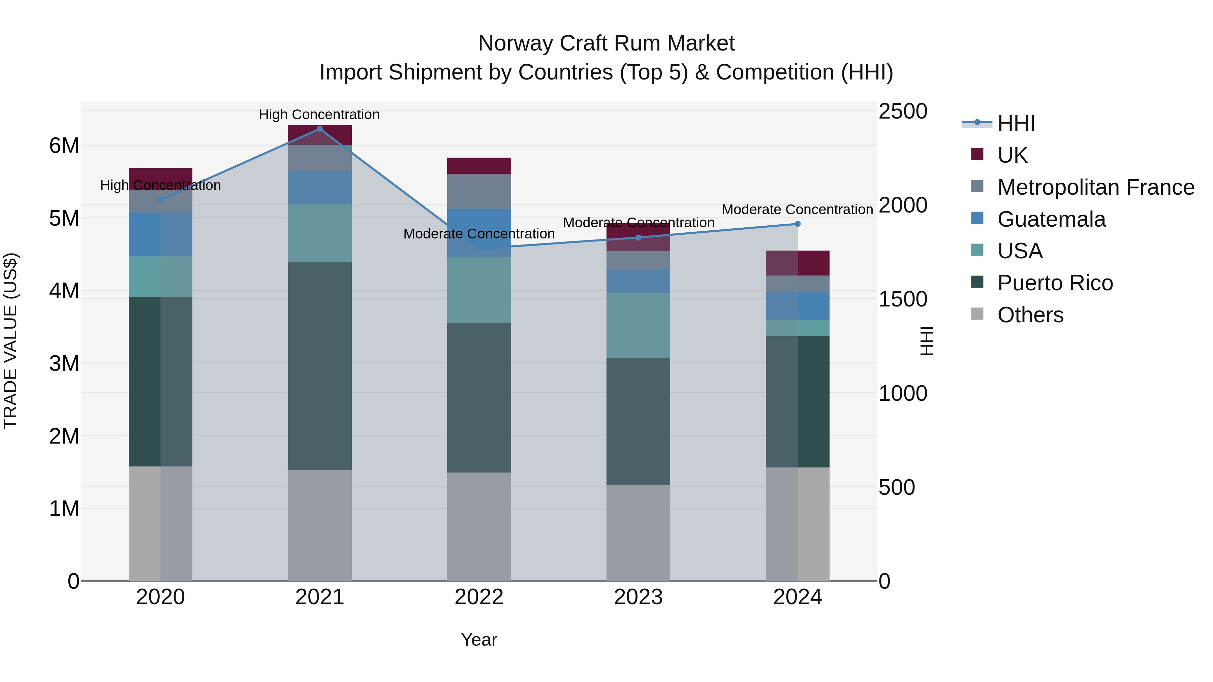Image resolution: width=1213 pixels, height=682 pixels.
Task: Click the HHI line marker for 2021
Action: (320, 129)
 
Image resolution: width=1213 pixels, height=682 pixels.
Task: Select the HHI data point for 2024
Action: (797, 224)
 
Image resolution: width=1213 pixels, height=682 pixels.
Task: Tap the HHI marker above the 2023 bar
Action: (638, 238)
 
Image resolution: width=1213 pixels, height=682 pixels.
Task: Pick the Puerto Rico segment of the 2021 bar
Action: (320, 366)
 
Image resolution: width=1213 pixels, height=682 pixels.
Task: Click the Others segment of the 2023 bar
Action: (638, 532)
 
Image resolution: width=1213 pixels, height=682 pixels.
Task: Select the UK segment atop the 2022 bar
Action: (479, 166)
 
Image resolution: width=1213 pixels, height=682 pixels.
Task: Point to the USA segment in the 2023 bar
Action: (638, 325)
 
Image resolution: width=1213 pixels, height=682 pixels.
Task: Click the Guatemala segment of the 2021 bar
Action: (320, 187)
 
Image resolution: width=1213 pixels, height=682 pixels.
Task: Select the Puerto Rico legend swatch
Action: (977, 283)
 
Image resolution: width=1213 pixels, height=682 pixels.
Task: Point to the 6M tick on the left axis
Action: (64, 146)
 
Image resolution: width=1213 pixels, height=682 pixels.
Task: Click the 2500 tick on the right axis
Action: (903, 111)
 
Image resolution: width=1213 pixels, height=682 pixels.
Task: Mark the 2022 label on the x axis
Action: (479, 597)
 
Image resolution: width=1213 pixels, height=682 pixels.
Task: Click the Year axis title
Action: (479, 640)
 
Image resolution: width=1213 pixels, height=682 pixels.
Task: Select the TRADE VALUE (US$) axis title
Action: (11, 341)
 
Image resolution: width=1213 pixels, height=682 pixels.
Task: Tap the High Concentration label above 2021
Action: (319, 115)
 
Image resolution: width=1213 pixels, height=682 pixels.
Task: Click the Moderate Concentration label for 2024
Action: (797, 209)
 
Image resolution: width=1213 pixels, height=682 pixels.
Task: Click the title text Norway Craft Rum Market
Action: (606, 43)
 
